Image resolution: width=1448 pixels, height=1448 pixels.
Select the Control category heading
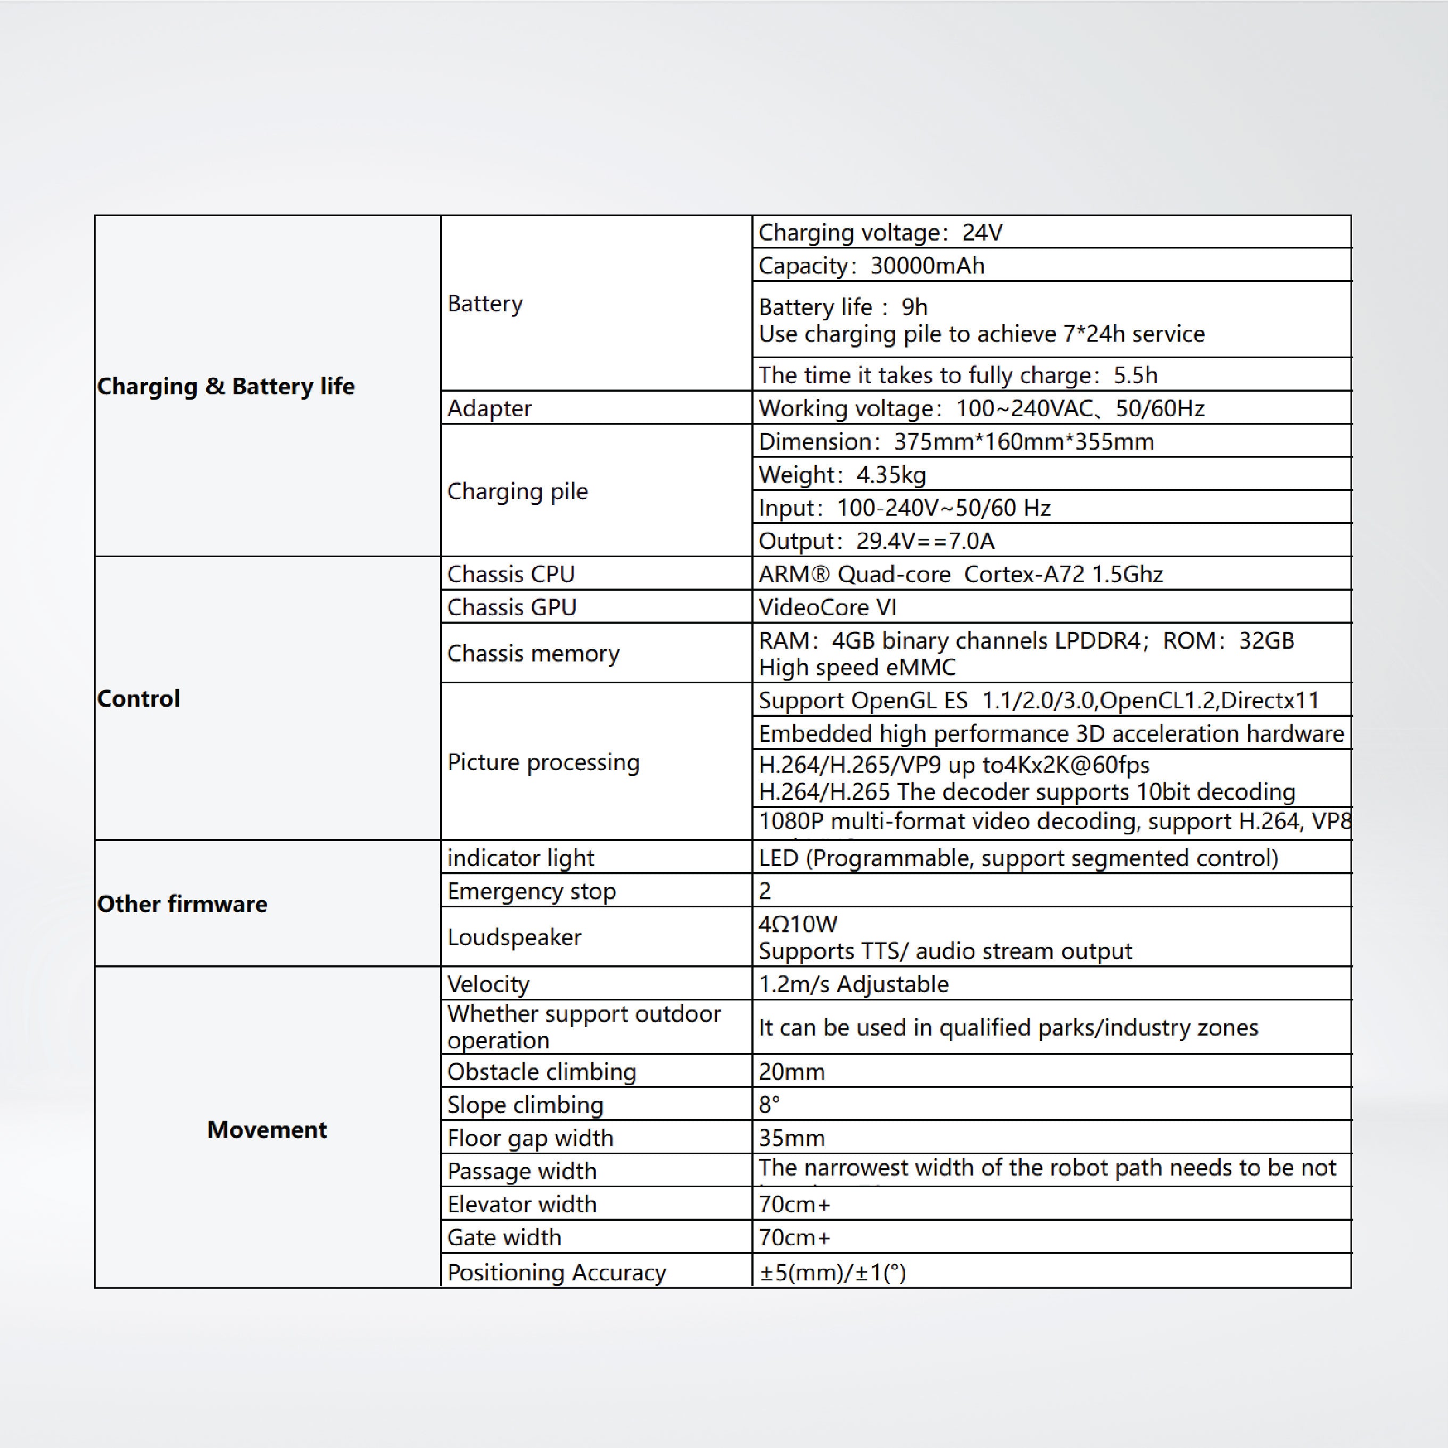(139, 699)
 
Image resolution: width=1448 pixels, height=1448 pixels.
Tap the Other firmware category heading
(182, 904)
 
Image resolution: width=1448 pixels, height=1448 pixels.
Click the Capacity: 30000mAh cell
(871, 266)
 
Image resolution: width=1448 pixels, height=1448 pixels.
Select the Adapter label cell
(490, 409)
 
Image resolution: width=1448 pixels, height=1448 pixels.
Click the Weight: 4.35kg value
(842, 475)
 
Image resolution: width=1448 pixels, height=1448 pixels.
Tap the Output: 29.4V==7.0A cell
(876, 541)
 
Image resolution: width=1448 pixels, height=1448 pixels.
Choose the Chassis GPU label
(512, 607)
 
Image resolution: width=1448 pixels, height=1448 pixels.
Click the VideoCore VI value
(828, 607)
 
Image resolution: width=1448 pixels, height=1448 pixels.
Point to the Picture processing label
(543, 762)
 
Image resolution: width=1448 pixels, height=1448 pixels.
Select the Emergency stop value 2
(765, 891)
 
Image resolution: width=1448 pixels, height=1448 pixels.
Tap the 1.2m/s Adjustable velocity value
(853, 984)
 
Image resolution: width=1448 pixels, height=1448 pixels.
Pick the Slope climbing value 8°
(769, 1105)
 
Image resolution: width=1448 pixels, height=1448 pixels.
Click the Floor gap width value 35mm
(791, 1138)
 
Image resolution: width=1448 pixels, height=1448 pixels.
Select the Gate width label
(503, 1237)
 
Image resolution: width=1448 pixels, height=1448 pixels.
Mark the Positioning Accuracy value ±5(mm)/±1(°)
(832, 1272)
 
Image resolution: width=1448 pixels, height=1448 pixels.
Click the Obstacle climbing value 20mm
(791, 1072)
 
